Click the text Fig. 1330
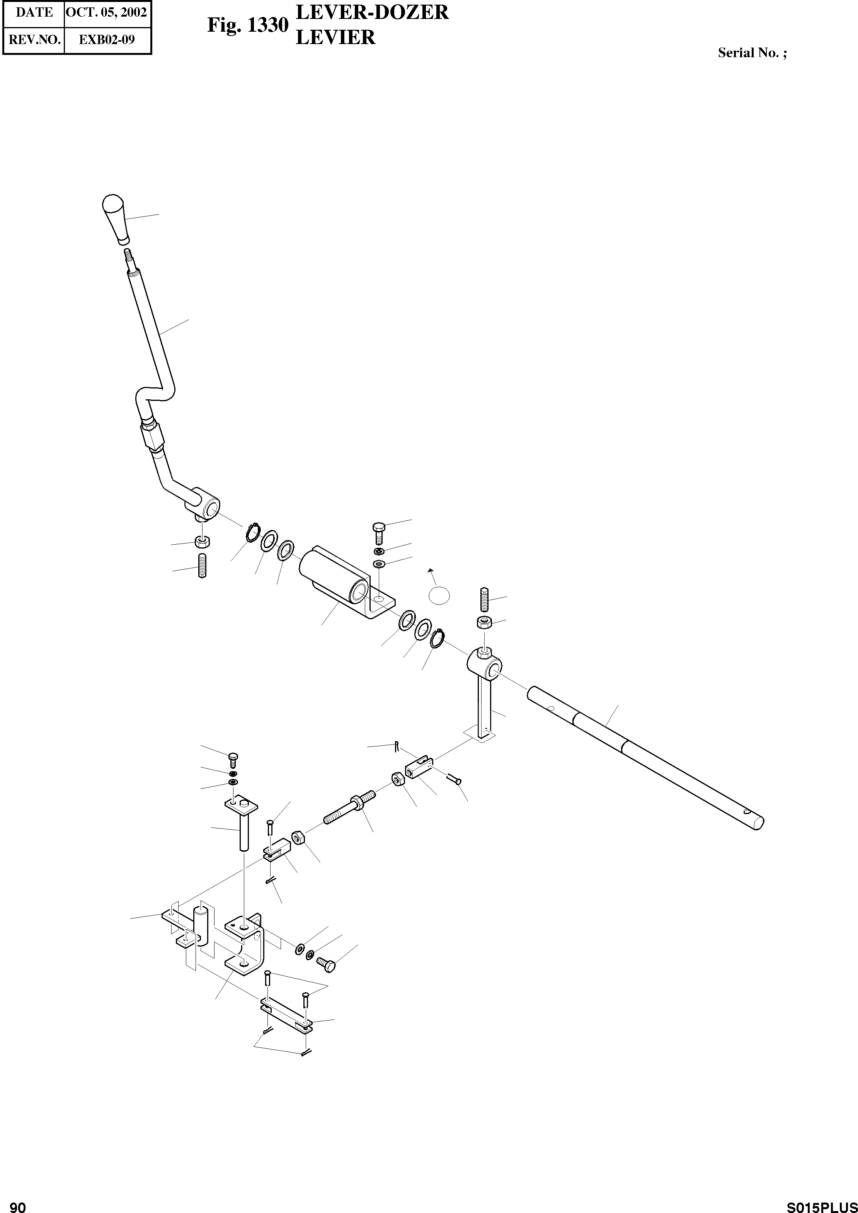click(247, 25)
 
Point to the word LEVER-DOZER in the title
click(372, 12)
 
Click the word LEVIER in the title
click(335, 37)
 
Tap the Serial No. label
click(752, 53)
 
